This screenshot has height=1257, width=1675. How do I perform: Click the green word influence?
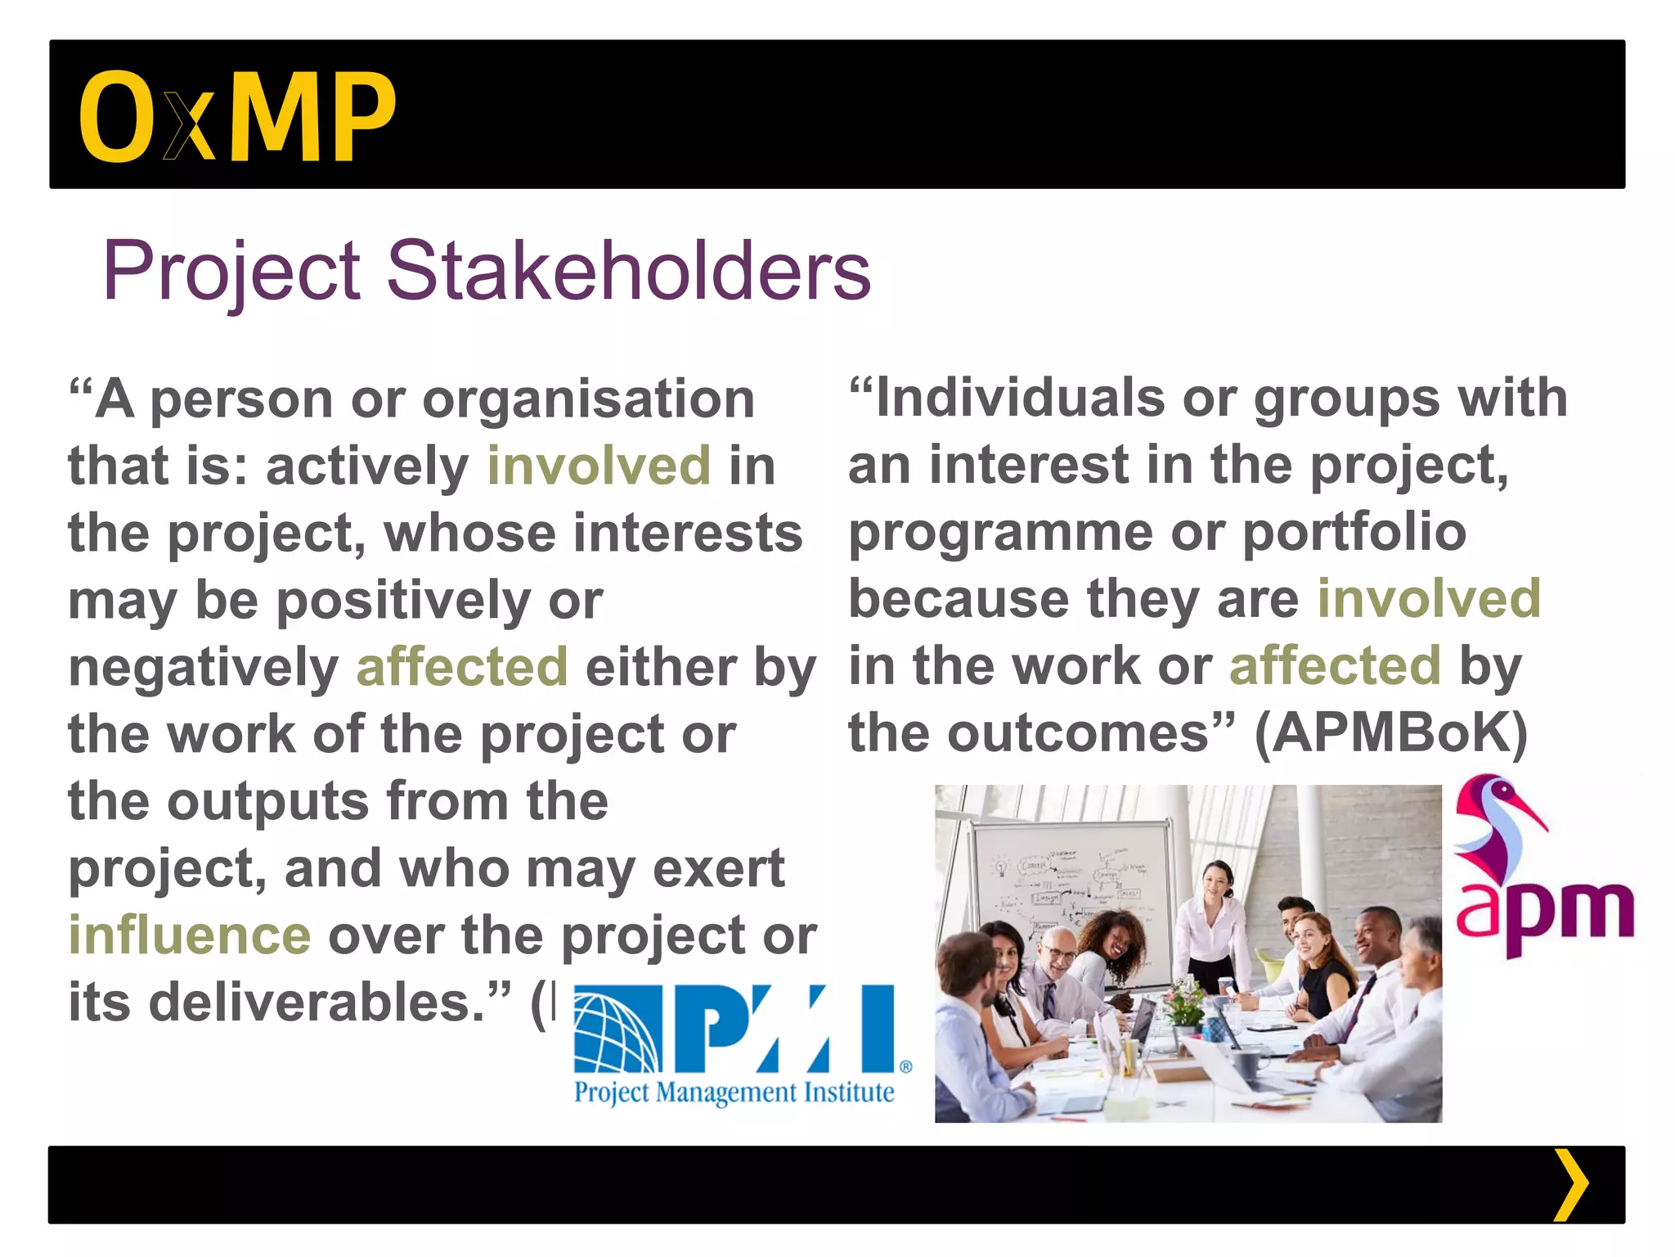coord(190,935)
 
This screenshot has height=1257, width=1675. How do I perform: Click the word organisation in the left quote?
coord(588,400)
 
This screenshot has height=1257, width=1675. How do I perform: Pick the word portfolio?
coord(1354,533)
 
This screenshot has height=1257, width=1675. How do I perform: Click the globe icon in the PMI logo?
coord(617,1029)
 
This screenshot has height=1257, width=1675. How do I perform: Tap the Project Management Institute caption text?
coord(734,1093)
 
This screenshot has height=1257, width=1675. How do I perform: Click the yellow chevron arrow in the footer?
coord(1569,1185)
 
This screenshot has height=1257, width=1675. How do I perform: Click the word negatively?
coord(203,667)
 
